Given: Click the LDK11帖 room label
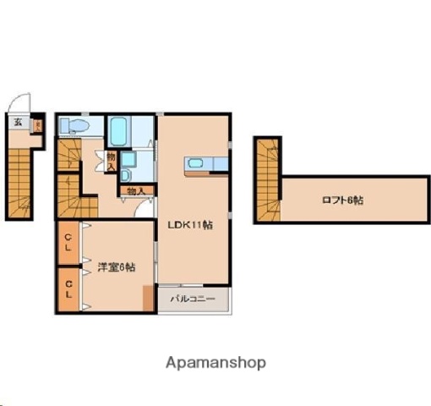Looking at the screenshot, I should coord(189,225).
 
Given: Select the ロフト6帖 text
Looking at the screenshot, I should coord(343,200).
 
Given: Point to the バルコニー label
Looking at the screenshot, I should coord(193,299).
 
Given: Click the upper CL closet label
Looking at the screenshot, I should coord(68,244).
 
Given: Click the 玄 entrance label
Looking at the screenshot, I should coord(17,123).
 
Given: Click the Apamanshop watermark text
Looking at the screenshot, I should coord(215,362).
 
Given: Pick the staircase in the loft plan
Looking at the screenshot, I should coord(269,182).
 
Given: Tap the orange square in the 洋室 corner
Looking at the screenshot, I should coord(149,299).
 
